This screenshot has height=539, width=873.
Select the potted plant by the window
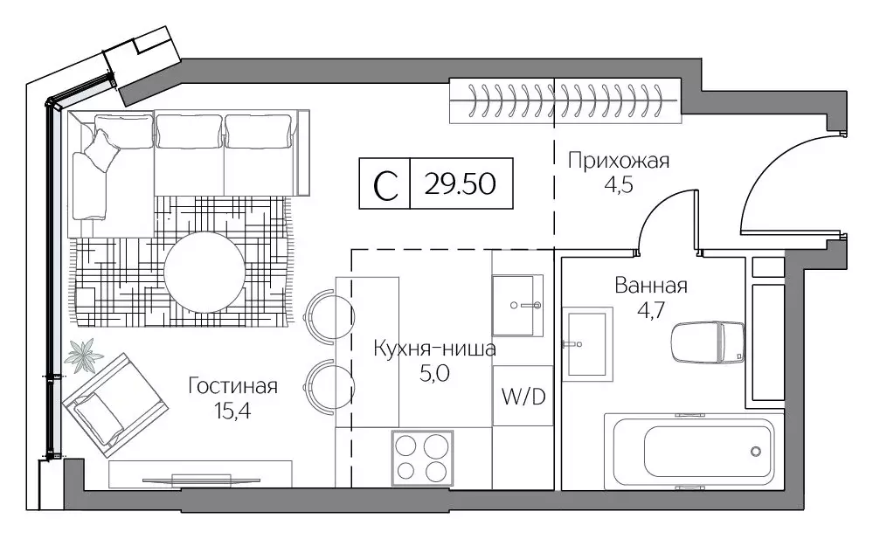pos(85,355)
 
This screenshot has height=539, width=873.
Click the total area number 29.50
pos(460,184)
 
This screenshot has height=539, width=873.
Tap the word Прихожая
pos(618,160)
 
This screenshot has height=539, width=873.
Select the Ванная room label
pos(651,286)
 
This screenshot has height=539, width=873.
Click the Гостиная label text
pos(232,386)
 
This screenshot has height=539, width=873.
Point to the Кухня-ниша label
pos(434,349)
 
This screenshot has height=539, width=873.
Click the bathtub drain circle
pos(756,452)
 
